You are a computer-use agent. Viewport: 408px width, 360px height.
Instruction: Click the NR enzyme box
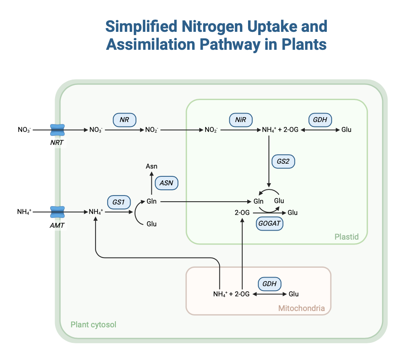[x=124, y=120]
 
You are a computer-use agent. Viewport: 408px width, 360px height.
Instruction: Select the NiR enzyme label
[x=240, y=120]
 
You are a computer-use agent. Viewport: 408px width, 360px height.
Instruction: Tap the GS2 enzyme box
[x=283, y=161]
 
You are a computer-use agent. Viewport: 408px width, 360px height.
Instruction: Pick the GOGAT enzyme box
[x=270, y=224]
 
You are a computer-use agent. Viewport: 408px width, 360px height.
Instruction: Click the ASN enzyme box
[x=166, y=183]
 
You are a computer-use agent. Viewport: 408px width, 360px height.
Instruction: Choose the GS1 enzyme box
[x=119, y=202]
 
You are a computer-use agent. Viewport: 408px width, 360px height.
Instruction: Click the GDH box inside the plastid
[x=320, y=120]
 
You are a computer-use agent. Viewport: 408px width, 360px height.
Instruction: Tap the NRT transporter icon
[x=57, y=130]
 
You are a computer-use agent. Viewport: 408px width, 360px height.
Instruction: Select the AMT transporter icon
[x=57, y=212]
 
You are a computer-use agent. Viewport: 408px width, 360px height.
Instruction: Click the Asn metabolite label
[x=151, y=166]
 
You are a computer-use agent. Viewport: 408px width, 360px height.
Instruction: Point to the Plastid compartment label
[x=346, y=237]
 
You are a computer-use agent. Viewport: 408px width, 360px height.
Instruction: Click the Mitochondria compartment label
[x=302, y=308]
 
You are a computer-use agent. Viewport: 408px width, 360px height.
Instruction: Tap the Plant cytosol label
[x=93, y=325]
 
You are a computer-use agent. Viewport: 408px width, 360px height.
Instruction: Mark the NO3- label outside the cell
[x=24, y=130]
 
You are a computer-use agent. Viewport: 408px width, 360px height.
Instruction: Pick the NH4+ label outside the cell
[x=24, y=212]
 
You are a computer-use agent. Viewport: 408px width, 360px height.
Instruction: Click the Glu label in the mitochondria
[x=294, y=294]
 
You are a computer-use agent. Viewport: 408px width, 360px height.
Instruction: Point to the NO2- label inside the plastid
[x=211, y=130]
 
